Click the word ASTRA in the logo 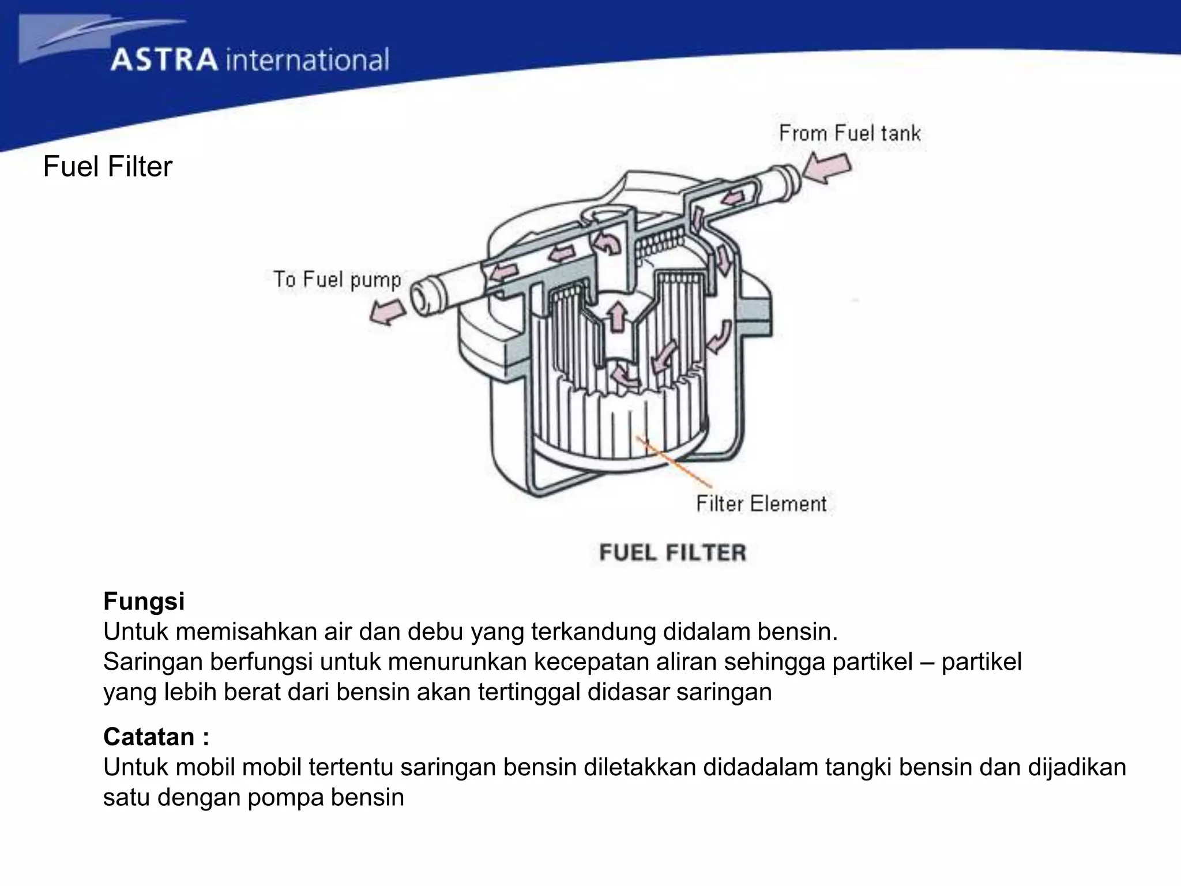pos(164,61)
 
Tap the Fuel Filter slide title pos(108,167)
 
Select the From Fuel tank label pos(849,133)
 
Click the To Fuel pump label pos(337,280)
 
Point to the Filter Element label pos(761,504)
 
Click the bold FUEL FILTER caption pos(672,553)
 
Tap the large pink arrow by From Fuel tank pos(828,168)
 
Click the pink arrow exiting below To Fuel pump pos(387,315)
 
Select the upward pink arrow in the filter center pos(617,317)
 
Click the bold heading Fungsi pos(144,601)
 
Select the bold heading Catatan pos(156,737)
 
